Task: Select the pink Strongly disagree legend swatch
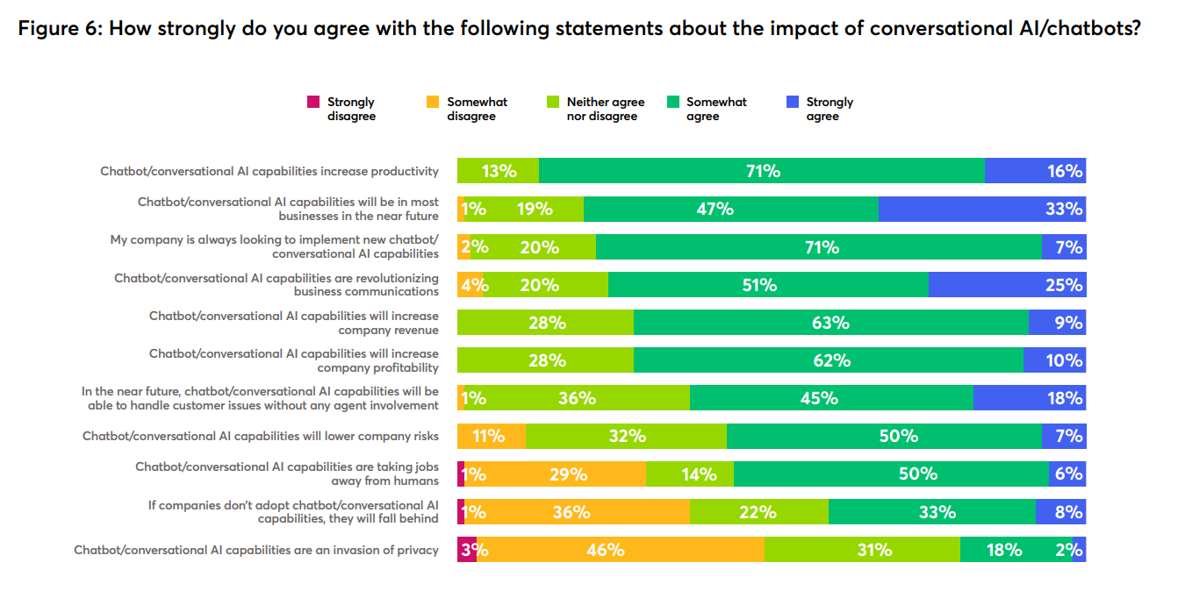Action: point(312,102)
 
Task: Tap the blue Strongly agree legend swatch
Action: point(792,102)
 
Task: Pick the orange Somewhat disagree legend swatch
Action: point(432,102)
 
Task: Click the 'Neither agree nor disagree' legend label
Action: point(605,109)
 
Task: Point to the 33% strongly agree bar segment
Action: point(981,209)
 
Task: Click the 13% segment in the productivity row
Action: point(498,171)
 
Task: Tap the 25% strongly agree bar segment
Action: point(1006,285)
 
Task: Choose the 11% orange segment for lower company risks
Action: point(491,436)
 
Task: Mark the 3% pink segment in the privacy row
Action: point(467,550)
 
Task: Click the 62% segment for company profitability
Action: point(828,360)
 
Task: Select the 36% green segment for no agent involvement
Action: point(577,398)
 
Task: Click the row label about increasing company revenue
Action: point(293,323)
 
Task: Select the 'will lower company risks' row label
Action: point(260,436)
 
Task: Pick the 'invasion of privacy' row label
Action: point(255,550)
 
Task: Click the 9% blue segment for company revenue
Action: point(1057,323)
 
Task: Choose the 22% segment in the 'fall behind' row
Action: point(758,512)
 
